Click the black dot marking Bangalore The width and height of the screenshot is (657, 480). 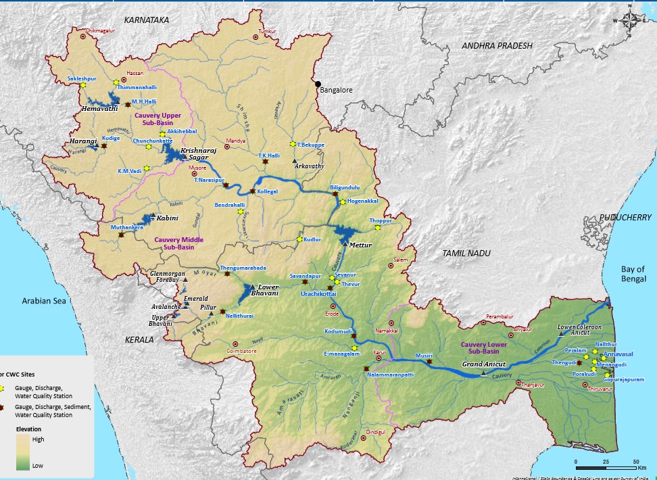318,84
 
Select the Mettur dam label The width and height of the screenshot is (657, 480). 360,245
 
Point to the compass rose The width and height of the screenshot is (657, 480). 629,21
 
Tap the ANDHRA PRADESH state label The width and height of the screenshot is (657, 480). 497,45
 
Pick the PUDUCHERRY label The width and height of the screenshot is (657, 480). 625,218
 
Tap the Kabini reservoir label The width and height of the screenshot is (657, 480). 167,219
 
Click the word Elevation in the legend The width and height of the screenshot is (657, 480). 29,429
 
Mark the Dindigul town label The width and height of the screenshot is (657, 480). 375,431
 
